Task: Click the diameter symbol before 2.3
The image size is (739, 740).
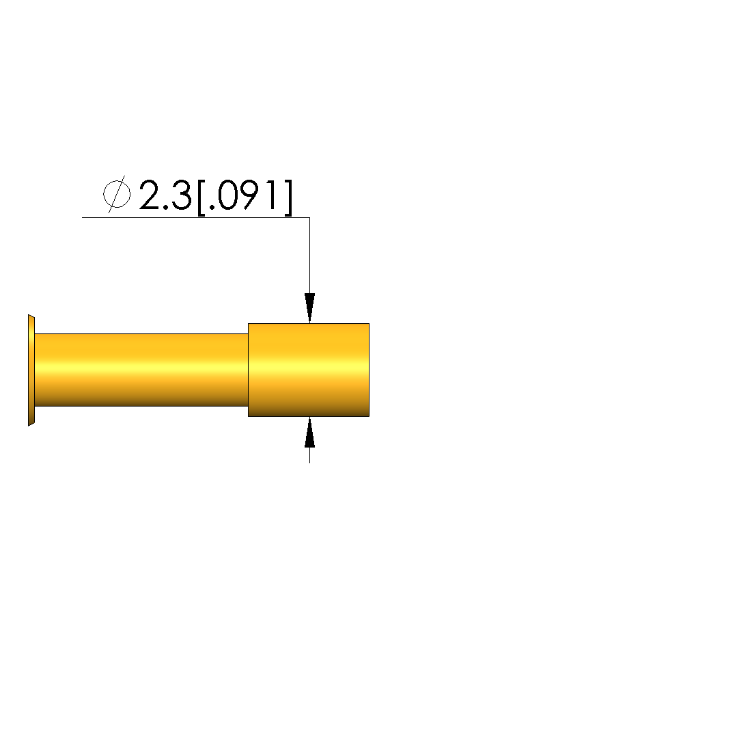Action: pos(117,194)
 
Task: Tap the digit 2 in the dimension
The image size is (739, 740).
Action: pos(151,195)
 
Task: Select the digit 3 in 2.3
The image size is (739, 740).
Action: pos(182,195)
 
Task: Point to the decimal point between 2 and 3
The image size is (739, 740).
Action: pos(166,207)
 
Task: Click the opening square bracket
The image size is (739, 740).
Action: pos(201,197)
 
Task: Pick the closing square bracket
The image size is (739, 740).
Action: pos(288,197)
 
